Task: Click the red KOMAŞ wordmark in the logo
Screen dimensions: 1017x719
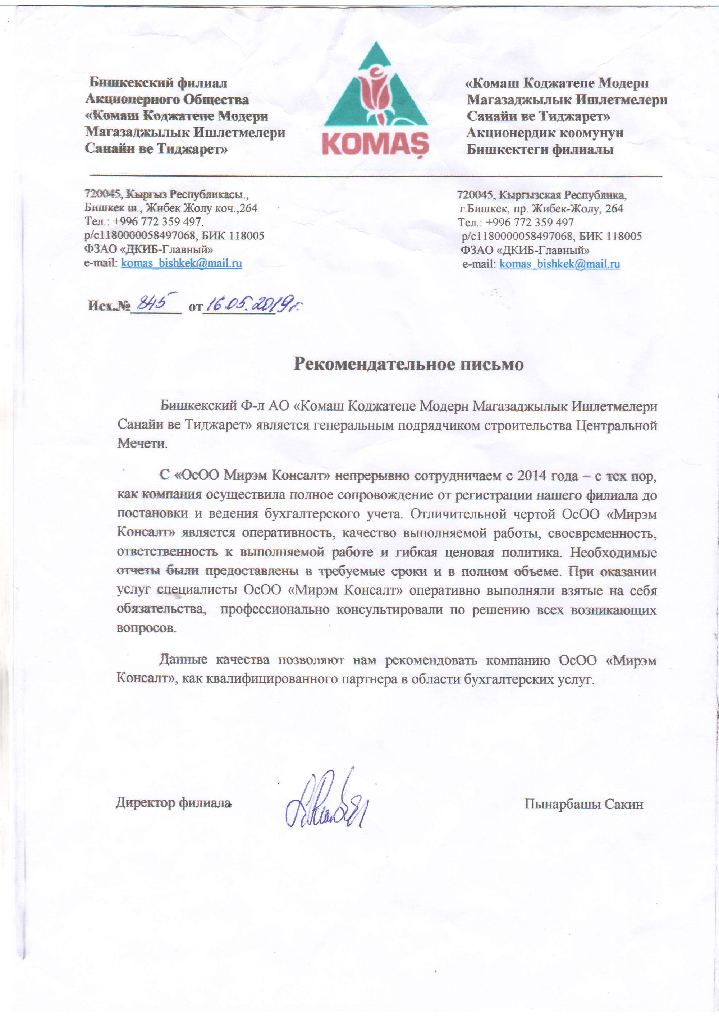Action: tap(375, 143)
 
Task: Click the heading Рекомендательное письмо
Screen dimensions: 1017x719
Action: tap(408, 364)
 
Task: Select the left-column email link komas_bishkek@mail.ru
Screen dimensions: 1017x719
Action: tap(181, 264)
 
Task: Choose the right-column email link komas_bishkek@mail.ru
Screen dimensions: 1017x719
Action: tap(559, 265)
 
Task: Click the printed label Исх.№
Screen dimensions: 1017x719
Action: tap(109, 306)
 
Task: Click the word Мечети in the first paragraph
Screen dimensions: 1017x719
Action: tap(142, 443)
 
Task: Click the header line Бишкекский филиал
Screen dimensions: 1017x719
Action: tap(158, 83)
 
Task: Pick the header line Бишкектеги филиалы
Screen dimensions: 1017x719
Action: tap(540, 149)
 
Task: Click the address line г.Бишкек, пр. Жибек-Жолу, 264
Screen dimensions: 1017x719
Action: tap(541, 208)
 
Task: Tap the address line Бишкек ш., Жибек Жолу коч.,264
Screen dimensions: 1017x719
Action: tap(171, 208)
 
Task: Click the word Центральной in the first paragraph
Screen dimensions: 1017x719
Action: tap(616, 425)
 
